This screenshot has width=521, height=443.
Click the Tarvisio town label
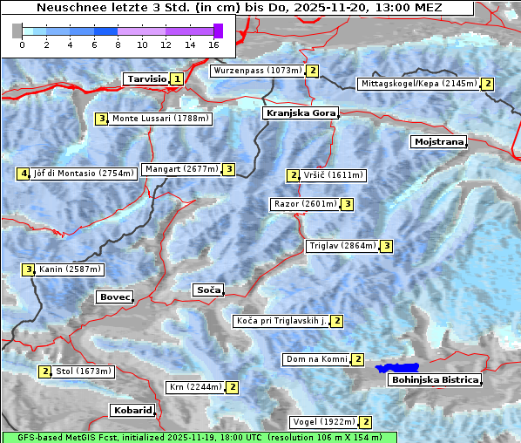[x=145, y=78]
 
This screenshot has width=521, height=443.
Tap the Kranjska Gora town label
[x=300, y=113]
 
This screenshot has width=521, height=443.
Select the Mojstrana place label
[x=438, y=141]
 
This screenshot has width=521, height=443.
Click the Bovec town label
[x=115, y=297]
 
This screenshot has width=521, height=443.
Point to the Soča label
[x=208, y=290]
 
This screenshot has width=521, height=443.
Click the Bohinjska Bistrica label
[x=435, y=380]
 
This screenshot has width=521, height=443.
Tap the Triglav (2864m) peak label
[x=342, y=246]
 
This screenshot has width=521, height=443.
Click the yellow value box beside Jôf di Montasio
[x=23, y=174]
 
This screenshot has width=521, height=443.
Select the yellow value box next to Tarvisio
[x=178, y=78]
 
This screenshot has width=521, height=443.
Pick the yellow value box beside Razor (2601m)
[x=347, y=204]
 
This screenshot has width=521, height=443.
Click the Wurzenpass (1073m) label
[x=258, y=71]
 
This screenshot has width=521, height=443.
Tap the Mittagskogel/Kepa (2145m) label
[x=419, y=84]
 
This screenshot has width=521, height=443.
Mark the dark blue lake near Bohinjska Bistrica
[x=397, y=368]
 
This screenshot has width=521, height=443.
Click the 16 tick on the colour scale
[x=214, y=44]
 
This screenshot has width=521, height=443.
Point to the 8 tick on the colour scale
[x=118, y=44]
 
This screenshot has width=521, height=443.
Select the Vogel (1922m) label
[x=323, y=422]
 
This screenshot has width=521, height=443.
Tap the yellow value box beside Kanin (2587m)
[x=28, y=269]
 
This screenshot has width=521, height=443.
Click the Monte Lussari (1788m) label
[x=160, y=119]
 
